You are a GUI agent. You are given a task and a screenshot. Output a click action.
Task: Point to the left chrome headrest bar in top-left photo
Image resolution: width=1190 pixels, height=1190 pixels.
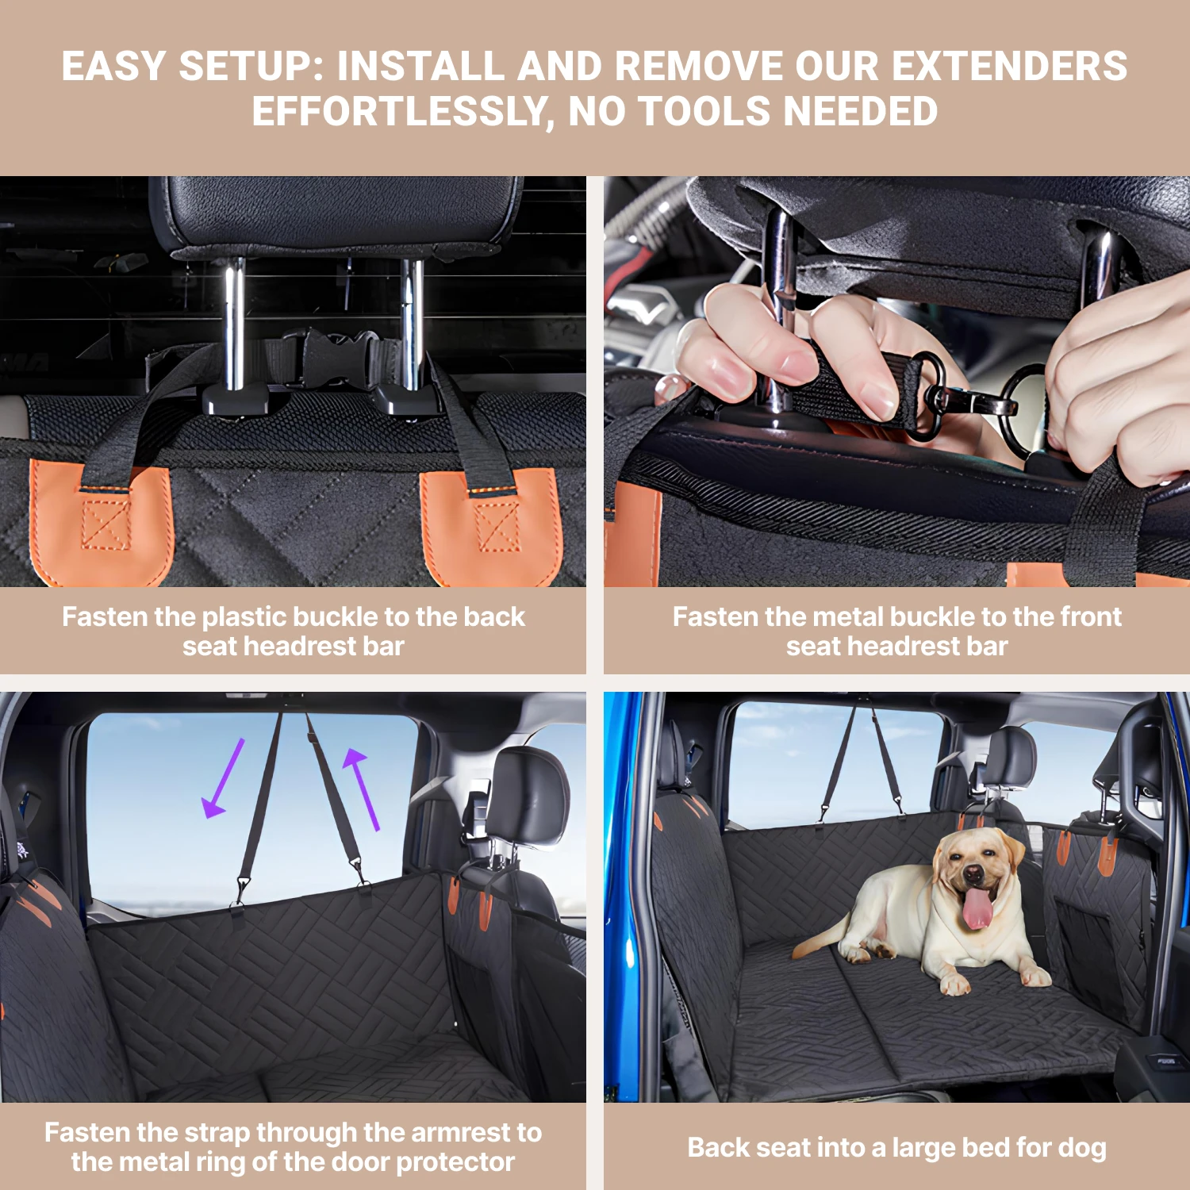pyautogui.click(x=233, y=325)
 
